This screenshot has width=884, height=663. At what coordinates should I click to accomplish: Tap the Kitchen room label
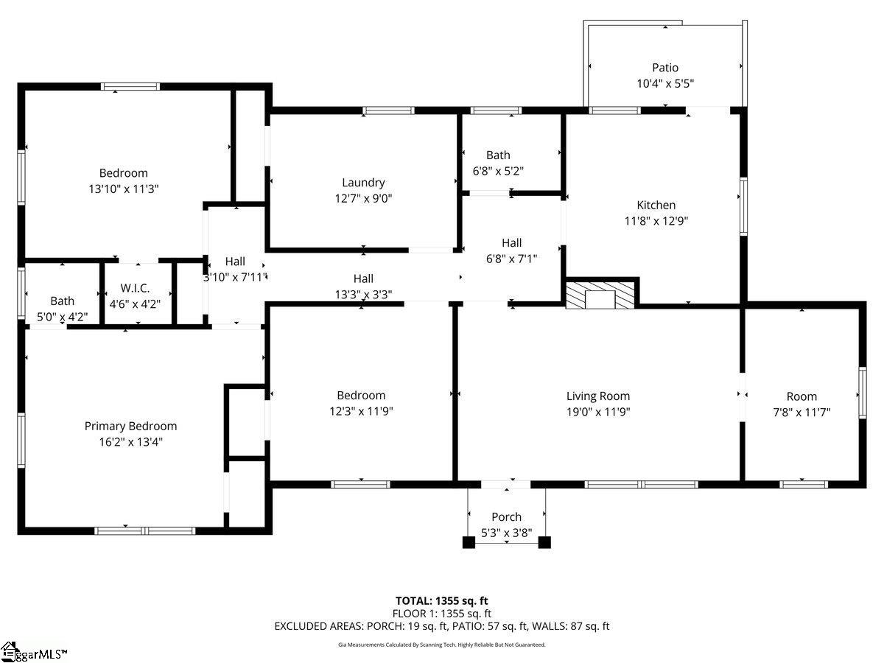coord(656,205)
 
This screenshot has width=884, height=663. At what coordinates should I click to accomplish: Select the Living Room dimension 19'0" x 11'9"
coord(598,412)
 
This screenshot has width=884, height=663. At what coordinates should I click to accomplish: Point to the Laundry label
coord(363,183)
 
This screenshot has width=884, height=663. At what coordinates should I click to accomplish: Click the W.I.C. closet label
coord(135,288)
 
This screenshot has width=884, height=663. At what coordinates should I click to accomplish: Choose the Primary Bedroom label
coord(130,426)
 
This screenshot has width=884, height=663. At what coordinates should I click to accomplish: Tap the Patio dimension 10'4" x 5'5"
coord(665,83)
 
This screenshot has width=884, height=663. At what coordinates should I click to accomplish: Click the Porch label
coord(506,516)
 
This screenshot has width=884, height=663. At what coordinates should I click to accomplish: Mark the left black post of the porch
coord(469,542)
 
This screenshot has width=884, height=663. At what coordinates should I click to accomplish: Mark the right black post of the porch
coord(544,542)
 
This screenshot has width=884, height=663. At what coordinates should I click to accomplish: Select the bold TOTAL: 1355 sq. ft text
coord(442,601)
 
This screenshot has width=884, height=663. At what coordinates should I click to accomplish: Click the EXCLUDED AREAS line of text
coord(442,626)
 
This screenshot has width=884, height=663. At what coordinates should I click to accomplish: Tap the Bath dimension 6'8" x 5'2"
coord(498,171)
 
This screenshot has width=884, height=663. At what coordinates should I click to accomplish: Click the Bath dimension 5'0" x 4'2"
coord(63,317)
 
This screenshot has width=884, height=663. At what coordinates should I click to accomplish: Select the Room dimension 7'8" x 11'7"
coord(801,413)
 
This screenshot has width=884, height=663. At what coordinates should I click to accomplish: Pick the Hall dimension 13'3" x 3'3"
coord(363,295)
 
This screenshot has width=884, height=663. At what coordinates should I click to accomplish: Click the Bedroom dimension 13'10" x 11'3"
coord(124,189)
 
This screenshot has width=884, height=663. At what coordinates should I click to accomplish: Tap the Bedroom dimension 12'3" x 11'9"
coord(361,411)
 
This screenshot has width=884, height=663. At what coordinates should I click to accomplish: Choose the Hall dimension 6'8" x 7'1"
coord(511,259)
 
